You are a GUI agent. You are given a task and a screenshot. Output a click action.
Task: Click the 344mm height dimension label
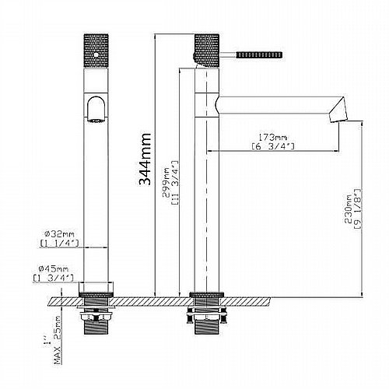click(145, 159)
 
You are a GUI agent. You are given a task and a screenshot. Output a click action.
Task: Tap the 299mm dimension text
click(166, 182)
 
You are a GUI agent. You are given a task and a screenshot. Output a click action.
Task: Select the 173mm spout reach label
click(272, 137)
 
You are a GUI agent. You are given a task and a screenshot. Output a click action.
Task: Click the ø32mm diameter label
click(59, 234)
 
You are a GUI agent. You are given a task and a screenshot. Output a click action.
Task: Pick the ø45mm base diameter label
click(53, 268)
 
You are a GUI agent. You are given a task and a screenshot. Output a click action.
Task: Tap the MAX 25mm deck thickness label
click(58, 340)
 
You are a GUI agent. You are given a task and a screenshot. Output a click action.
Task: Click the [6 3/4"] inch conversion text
click(273, 146)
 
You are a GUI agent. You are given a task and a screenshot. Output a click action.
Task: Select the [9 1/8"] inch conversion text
click(357, 209)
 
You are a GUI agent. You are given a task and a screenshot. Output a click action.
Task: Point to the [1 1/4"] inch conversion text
click(59, 244)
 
